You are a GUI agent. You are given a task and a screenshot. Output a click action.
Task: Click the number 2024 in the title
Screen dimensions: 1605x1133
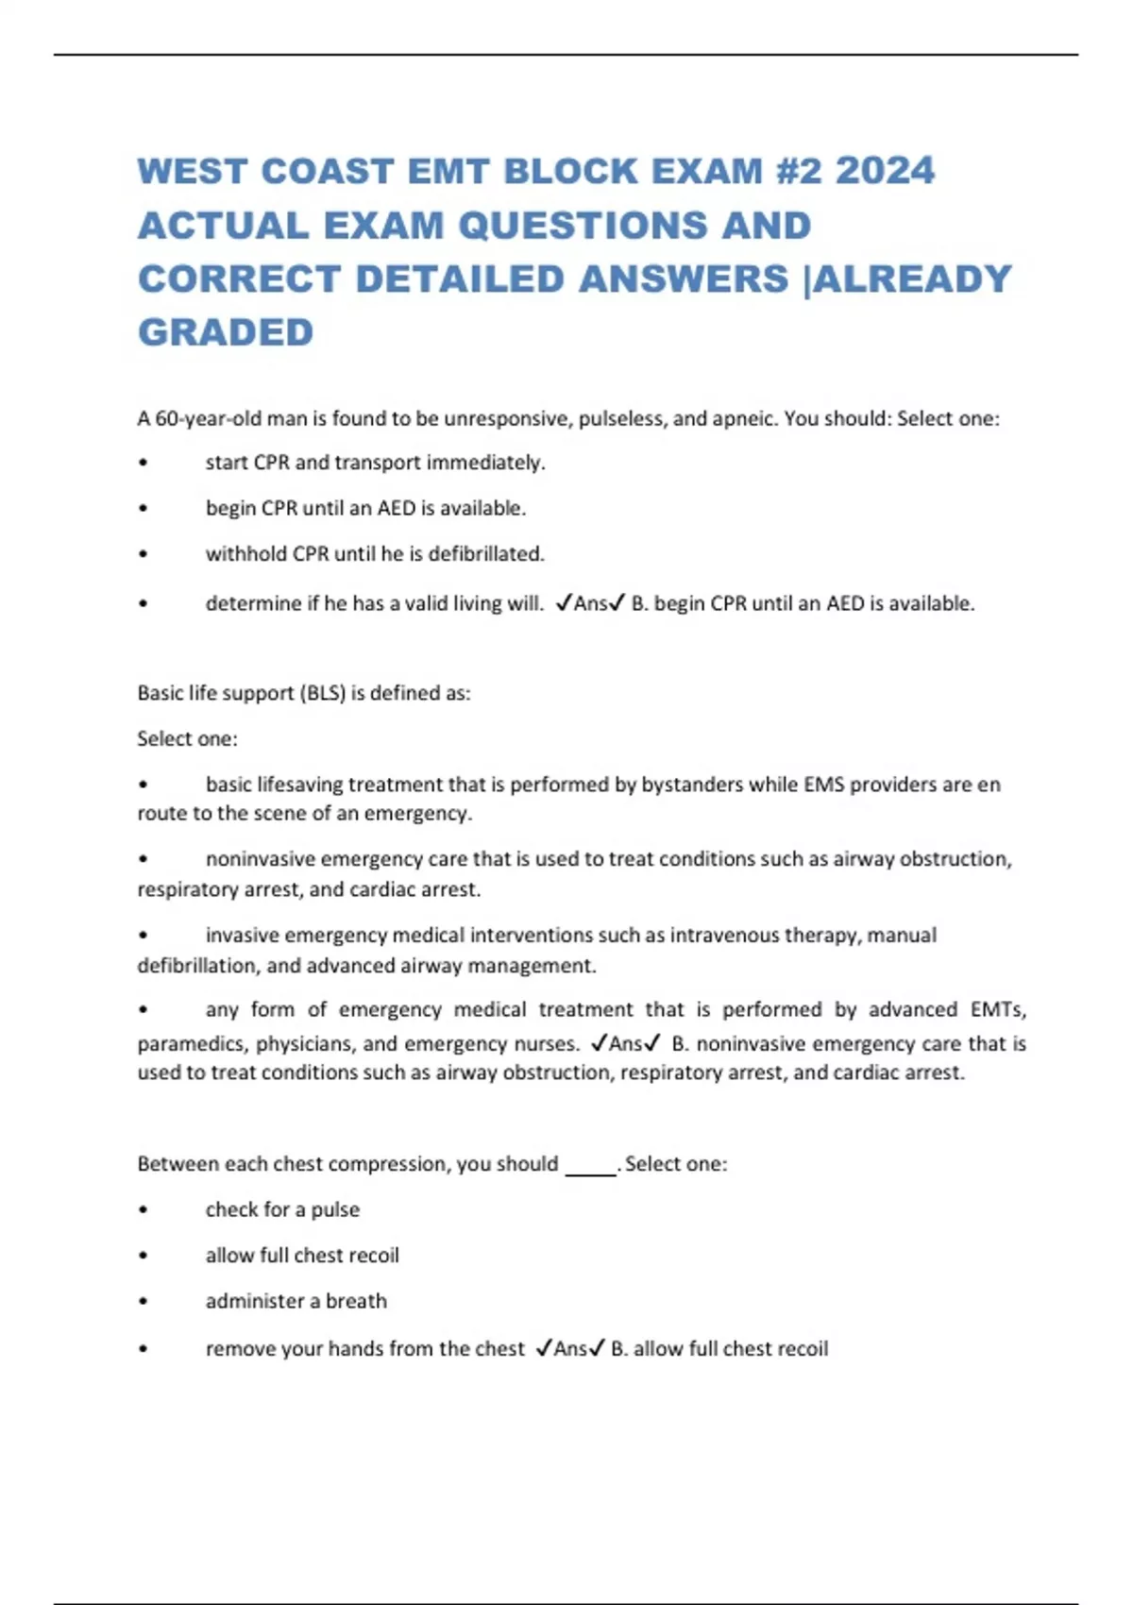pyautogui.click(x=885, y=171)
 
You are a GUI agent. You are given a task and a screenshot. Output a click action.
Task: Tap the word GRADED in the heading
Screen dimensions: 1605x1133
pyautogui.click(x=226, y=332)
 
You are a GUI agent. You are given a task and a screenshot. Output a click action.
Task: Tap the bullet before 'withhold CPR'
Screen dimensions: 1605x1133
pyautogui.click(x=143, y=554)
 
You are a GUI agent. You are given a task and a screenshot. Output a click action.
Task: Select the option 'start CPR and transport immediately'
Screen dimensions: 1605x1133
pyautogui.click(x=375, y=463)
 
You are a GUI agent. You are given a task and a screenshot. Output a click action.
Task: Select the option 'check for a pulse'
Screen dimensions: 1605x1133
pyautogui.click(x=282, y=1209)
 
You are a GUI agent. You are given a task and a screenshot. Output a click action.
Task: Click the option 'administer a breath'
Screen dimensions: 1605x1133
pyautogui.click(x=296, y=1301)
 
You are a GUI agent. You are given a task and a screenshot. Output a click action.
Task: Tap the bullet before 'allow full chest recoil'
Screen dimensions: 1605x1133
pyautogui.click(x=143, y=1256)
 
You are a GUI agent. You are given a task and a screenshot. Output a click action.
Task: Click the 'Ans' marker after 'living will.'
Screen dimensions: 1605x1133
pyautogui.click(x=590, y=603)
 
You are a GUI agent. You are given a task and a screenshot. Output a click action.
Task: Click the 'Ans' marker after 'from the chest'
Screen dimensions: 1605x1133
pyautogui.click(x=569, y=1349)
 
